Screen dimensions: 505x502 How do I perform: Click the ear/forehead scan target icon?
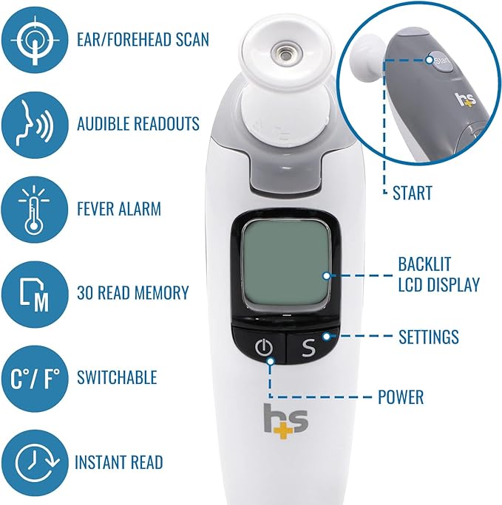pos(33,37)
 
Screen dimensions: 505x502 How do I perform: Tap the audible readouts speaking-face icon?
pos(33,123)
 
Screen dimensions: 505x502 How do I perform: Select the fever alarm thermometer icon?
pos(33,209)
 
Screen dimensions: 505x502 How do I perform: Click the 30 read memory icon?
pos(33,293)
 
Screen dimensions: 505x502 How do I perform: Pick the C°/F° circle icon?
pos(33,377)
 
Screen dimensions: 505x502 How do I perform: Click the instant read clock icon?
pos(33,462)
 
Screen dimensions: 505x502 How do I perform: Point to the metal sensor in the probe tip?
pos(282,53)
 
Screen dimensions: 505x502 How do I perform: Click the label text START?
pos(411,193)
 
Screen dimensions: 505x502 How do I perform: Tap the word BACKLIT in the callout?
pos(424,264)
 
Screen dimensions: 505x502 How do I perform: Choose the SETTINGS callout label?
pos(428,337)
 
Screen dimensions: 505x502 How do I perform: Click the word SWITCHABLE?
pos(117,377)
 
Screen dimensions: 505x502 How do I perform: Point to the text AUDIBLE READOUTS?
pos(138,123)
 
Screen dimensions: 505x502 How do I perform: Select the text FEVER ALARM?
pos(119,209)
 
